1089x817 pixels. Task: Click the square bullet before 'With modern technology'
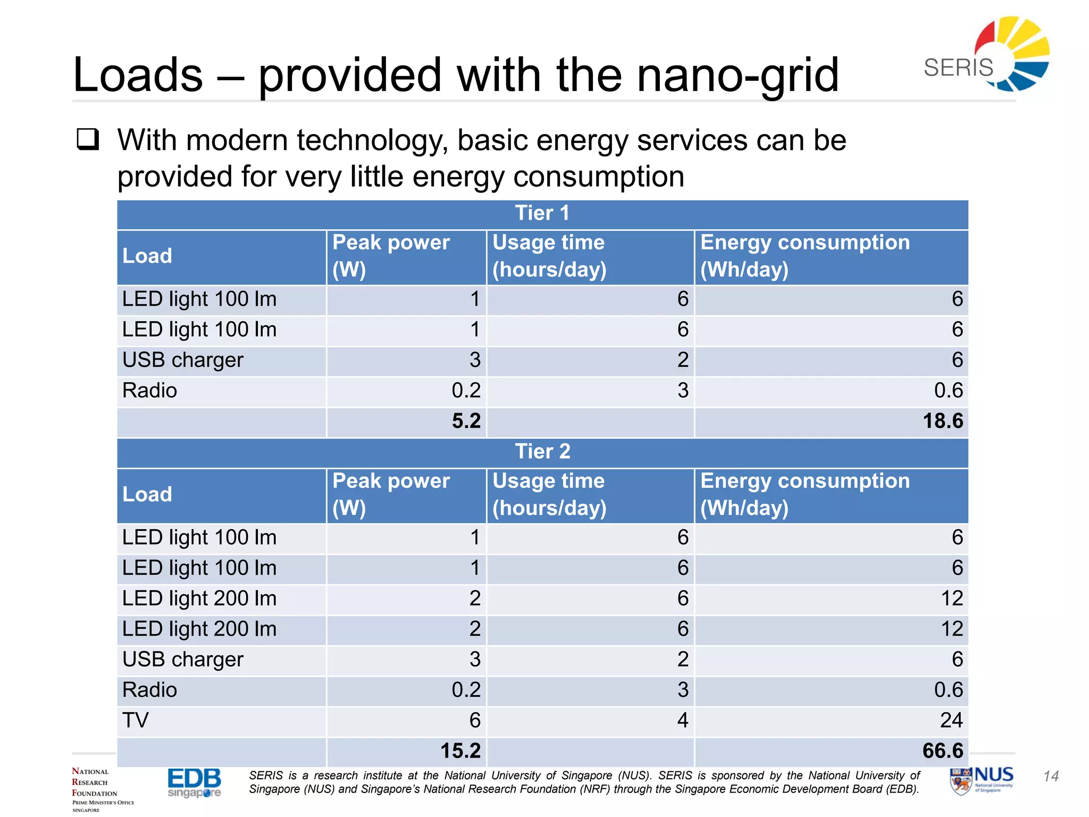coord(88,139)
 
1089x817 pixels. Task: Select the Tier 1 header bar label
coord(542,214)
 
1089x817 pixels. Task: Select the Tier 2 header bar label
coord(542,452)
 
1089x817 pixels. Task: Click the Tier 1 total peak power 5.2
coord(466,421)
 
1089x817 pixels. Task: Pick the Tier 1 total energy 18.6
coord(942,421)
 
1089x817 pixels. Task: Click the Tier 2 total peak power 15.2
coord(460,751)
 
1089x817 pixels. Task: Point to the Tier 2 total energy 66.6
coord(942,751)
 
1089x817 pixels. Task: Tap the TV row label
coord(136,721)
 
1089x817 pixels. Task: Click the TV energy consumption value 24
coord(951,721)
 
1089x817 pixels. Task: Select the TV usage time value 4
coord(683,721)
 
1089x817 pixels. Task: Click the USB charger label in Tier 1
coord(182,361)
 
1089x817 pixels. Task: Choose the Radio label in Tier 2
coord(149,690)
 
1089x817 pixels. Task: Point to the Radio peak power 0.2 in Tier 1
coord(466,391)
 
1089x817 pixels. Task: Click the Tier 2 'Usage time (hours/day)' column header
coord(549,495)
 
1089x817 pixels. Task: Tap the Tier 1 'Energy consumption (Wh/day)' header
coord(805,256)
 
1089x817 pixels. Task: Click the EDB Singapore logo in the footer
coord(194,782)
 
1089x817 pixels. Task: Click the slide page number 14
coord(1051,777)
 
